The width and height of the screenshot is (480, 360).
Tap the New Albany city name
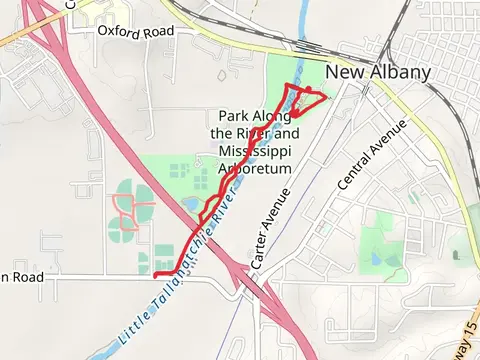coord(392,72)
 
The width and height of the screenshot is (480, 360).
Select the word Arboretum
coord(256,168)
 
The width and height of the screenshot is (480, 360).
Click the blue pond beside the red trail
coord(190,205)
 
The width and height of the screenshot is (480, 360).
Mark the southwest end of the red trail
coord(154,273)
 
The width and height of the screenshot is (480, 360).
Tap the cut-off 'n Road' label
coord(21,277)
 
